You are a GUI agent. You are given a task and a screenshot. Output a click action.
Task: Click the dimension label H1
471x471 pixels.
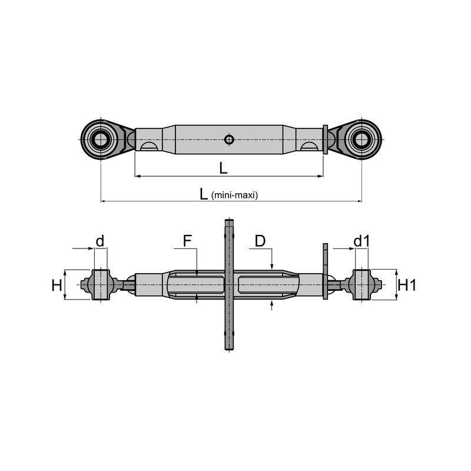pyautogui.click(x=407, y=285)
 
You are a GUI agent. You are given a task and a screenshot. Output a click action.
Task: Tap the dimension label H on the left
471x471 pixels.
pyautogui.click(x=57, y=285)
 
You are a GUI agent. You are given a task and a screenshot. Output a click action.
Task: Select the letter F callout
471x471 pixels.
pyautogui.click(x=187, y=241)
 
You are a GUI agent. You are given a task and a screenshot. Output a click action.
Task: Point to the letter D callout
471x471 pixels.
pyautogui.click(x=260, y=241)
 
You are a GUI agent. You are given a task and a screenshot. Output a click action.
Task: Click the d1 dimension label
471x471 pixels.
pyautogui.click(x=362, y=241)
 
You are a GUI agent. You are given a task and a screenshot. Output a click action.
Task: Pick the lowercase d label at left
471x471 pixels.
pyautogui.click(x=99, y=241)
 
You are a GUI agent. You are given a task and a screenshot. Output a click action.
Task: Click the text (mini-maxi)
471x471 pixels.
pyautogui.click(x=234, y=195)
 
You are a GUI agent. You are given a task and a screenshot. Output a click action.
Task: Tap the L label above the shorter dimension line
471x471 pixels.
pyautogui.click(x=223, y=168)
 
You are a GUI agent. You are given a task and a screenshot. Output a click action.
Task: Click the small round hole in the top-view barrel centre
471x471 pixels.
pyautogui.click(x=229, y=140)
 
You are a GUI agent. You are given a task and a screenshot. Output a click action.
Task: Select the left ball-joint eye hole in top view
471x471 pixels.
pyautogui.click(x=101, y=140)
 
